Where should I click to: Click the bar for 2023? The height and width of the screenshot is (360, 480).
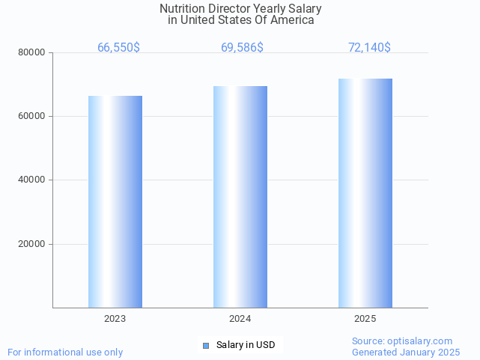coord(115,201)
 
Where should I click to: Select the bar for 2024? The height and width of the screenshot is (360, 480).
coord(240,197)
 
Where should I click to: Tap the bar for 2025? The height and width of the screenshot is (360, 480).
coord(365,193)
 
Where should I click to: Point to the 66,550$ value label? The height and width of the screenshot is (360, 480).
coord(118,47)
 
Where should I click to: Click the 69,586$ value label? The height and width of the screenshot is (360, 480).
coord(242,47)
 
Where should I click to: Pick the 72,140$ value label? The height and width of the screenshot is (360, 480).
coord(369,47)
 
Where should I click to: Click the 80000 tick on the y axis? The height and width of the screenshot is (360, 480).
coord(33,52)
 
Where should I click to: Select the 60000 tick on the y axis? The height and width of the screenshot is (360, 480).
coord(33,116)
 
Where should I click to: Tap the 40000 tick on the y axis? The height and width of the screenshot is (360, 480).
coord(33,180)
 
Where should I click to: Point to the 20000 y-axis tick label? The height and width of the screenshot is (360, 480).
coord(33,244)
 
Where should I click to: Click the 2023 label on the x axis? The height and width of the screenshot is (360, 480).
coord(115,318)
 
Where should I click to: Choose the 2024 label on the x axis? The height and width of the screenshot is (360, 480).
coord(240,318)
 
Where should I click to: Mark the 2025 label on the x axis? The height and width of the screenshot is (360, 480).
coord(365,318)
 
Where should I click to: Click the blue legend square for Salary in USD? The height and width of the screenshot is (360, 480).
coord(207,345)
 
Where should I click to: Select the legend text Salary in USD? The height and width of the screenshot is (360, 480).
coord(246,345)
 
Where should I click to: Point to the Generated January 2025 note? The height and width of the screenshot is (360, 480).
coord(406,352)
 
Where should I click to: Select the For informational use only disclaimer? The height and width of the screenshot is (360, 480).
coord(65,352)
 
